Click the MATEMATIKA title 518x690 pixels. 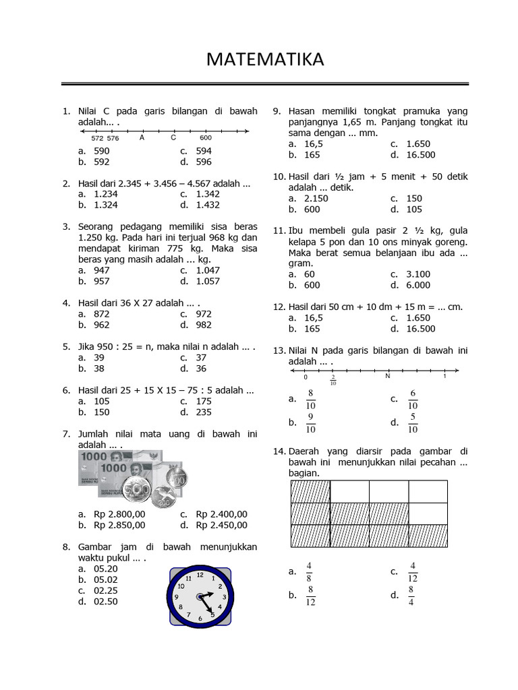pyautogui.click(x=265, y=59)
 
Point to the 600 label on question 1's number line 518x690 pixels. pyautogui.click(x=206, y=138)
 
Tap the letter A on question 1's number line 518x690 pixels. pyautogui.click(x=142, y=137)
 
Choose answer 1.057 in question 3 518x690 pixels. pyautogui.click(x=208, y=281)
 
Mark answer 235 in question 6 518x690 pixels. pyautogui.click(x=204, y=412)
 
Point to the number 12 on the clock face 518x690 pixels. pyautogui.click(x=199, y=575)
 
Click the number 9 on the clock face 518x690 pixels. pyautogui.click(x=177, y=598)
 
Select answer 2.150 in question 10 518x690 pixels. pyautogui.click(x=316, y=199)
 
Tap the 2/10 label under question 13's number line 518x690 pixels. pyautogui.click(x=333, y=380)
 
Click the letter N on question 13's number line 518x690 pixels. pyautogui.click(x=388, y=376)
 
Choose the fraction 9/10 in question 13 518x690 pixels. pyautogui.click(x=310, y=422)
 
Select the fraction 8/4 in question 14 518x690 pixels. pyautogui.click(x=411, y=596)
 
